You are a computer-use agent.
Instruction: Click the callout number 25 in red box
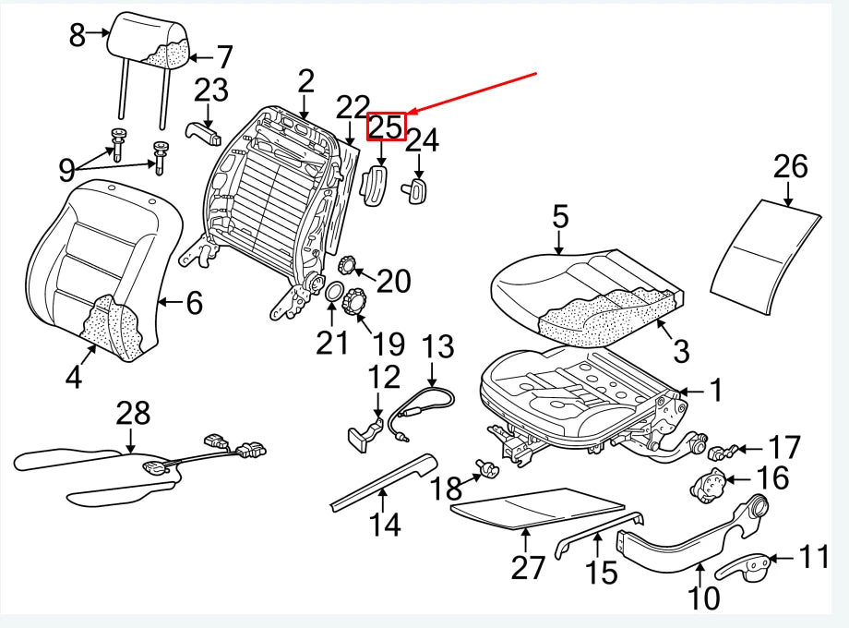pos(387,126)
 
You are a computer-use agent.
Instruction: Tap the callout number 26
pos(790,167)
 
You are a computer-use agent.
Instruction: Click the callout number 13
pos(438,348)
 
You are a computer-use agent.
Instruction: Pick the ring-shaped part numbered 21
pos(333,296)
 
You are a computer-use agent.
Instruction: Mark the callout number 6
pos(194,302)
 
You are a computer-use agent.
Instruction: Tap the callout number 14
pos(385,525)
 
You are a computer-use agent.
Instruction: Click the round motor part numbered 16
pos(708,486)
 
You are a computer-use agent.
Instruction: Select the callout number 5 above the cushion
pos(560,218)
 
